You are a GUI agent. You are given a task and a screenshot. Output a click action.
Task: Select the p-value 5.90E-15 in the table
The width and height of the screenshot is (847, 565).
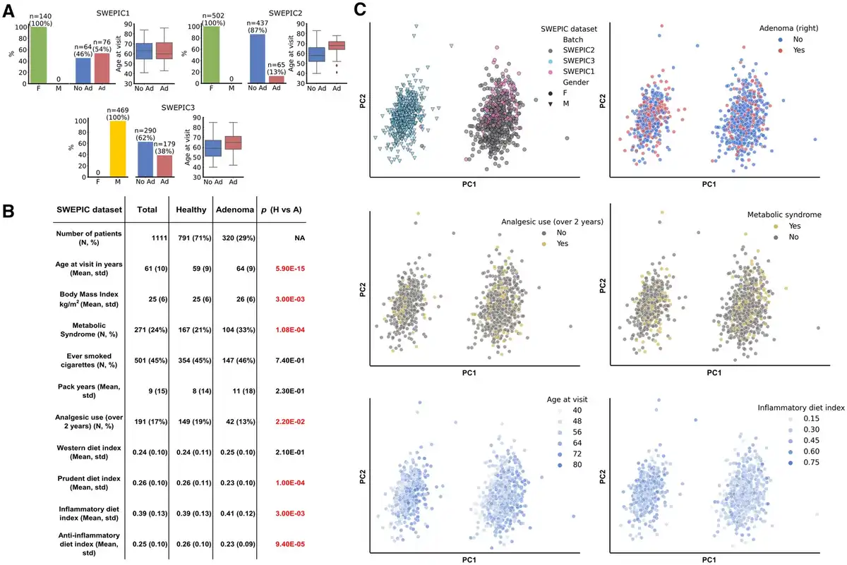(x=285, y=268)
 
